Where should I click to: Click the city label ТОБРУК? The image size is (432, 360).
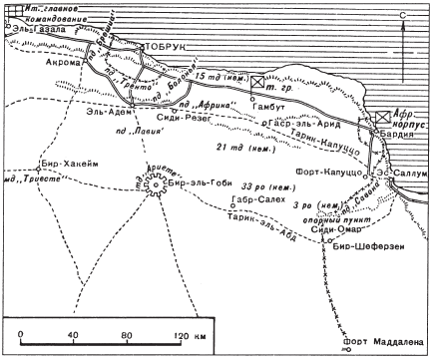pyautogui.click(x=166, y=46)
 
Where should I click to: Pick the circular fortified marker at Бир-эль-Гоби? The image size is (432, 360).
pyautogui.click(x=157, y=184)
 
